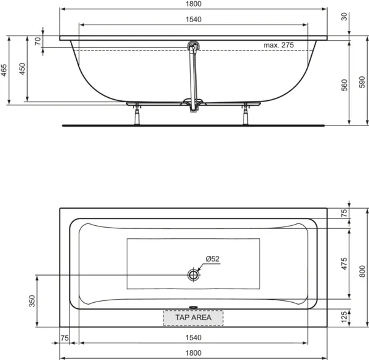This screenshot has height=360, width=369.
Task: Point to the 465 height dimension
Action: pos(4,69)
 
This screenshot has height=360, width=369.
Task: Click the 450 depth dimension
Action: pos(22,69)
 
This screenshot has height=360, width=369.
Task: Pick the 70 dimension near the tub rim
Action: pos(38,42)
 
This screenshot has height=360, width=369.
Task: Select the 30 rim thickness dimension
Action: pos(345,17)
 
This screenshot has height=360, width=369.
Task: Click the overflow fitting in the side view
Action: pos(194,47)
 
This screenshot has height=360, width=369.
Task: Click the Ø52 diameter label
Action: pos(212,259)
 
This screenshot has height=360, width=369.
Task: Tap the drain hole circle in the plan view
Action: pos(194,274)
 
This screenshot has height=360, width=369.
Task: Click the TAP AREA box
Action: pos(193,318)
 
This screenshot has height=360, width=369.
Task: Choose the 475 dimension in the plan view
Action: pos(345,263)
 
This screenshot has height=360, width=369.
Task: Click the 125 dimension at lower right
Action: pos(345,317)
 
